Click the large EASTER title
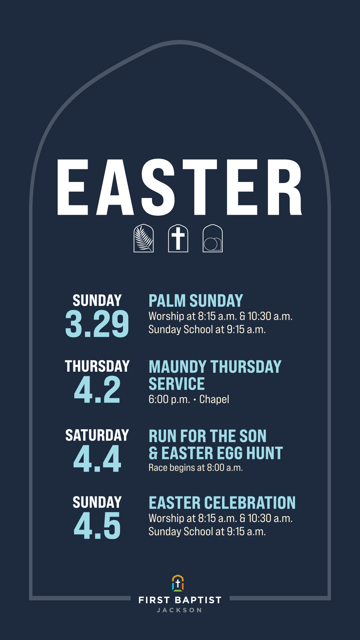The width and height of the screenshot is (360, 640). (x=180, y=187)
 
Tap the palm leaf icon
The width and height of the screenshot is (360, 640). (x=144, y=238)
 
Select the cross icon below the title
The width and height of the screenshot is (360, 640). (x=178, y=238)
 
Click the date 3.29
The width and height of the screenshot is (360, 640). (x=97, y=324)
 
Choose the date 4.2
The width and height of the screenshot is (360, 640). (x=97, y=390)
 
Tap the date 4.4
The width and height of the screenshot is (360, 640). (x=97, y=459)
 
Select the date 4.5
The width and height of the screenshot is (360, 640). (x=97, y=526)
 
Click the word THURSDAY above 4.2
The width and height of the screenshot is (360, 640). (x=97, y=366)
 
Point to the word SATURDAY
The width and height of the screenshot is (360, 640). (x=97, y=435)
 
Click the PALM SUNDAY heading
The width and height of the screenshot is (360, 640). (x=196, y=301)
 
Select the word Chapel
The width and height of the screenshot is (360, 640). (x=214, y=399)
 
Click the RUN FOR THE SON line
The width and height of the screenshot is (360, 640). (x=207, y=436)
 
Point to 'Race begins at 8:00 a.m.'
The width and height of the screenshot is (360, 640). (x=196, y=468)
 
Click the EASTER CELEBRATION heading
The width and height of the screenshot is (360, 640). (x=222, y=503)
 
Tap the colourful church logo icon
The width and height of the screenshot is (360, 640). (x=178, y=583)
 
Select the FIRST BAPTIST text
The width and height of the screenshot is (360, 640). (x=180, y=600)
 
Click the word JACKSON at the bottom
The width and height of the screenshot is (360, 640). (x=180, y=610)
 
